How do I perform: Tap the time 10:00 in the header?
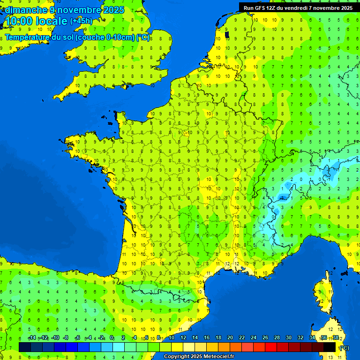tap(18, 21)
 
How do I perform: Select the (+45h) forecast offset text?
tap(82, 21)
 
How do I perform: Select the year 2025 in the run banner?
tap(346, 7)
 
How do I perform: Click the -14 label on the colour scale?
tap(32, 338)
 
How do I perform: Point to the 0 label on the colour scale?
tap(112, 338)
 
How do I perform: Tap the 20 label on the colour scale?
tap(230, 338)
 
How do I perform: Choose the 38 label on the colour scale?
tap(336, 338)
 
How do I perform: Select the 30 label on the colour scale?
tap(289, 338)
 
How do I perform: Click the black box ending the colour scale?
tap(330, 347)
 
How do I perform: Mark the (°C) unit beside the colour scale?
tap(344, 347)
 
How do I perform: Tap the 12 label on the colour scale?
tap(183, 338)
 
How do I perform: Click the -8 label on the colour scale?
tap(66, 338)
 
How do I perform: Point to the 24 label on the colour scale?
tap(254, 338)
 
